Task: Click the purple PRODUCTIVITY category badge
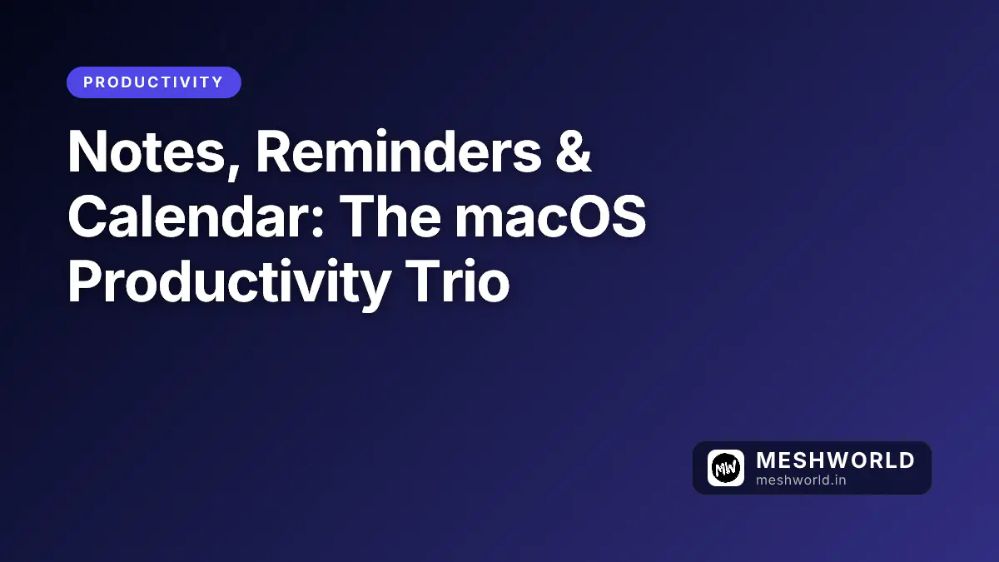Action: coord(154,82)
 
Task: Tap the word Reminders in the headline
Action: coord(397,154)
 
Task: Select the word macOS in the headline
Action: coord(550,218)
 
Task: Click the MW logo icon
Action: coord(725,468)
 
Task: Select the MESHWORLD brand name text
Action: coord(835,460)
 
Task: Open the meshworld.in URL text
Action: coord(801,480)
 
